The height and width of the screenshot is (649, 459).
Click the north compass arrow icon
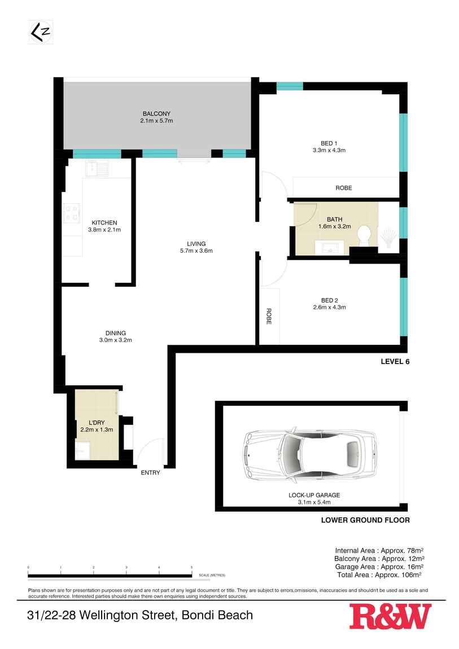pos(40,33)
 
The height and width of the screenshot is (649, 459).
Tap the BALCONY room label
pos(156,113)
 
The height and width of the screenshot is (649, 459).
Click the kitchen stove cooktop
pos(72,212)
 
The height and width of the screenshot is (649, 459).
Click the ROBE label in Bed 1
pos(343,188)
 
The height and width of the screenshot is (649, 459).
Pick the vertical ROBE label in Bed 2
pos(269,316)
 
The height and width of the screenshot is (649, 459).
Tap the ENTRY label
pos(150,473)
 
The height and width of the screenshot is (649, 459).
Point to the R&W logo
pos(390,616)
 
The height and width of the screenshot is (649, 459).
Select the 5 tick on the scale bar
pos(191,568)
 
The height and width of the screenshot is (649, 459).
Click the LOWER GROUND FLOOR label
pos(365,520)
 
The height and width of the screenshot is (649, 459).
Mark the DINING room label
pos(115,333)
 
